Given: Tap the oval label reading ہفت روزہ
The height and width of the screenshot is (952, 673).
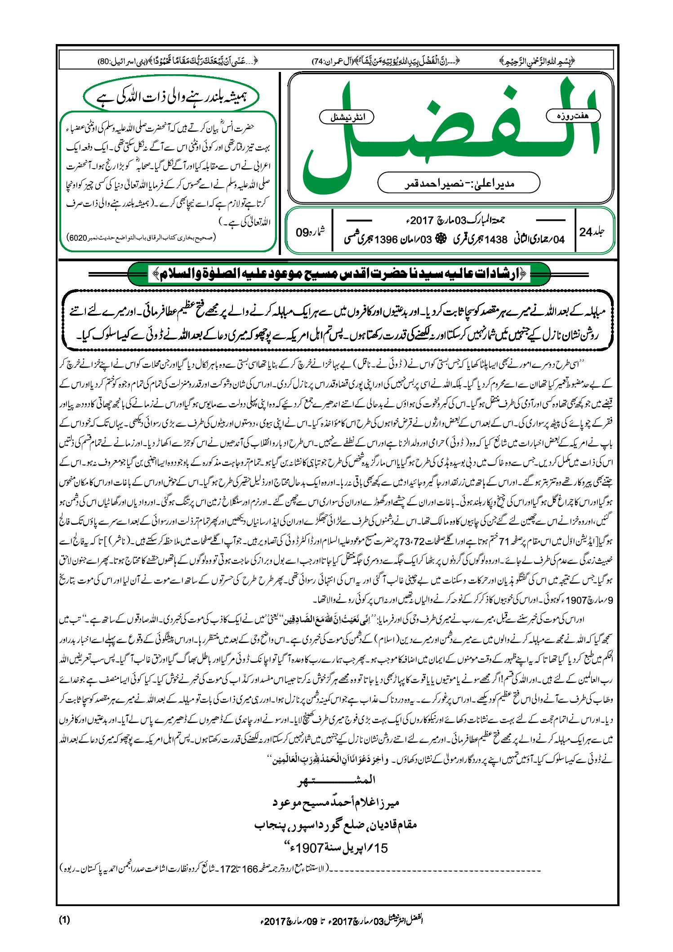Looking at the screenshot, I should coord(573,116).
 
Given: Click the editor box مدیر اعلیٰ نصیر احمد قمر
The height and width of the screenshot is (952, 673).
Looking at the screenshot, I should coord(459,183).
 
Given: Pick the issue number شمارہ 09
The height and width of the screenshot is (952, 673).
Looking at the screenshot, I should coord(310,232).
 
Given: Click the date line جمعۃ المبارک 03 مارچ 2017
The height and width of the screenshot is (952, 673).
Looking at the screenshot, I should coord(454,220).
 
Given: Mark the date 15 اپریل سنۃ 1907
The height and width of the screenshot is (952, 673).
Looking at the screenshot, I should coord(336,848).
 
